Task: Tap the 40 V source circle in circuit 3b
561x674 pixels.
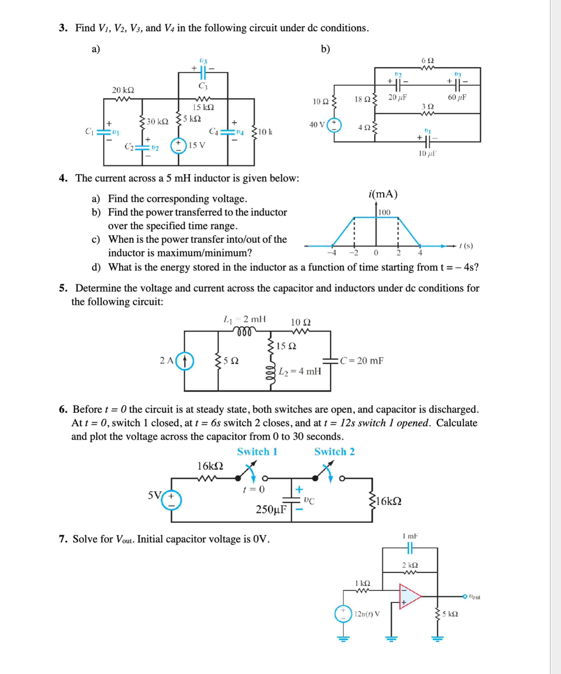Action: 334,125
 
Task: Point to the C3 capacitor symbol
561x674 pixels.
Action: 203,73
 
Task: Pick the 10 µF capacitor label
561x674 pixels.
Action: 427,153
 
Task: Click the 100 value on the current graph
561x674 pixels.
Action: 384,212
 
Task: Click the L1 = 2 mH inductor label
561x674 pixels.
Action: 244,319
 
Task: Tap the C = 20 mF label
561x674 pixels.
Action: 362,361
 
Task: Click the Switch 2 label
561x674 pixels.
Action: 335,452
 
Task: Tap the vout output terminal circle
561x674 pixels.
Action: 465,596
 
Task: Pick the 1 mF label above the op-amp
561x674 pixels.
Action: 410,536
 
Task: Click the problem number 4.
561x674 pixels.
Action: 63,178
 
